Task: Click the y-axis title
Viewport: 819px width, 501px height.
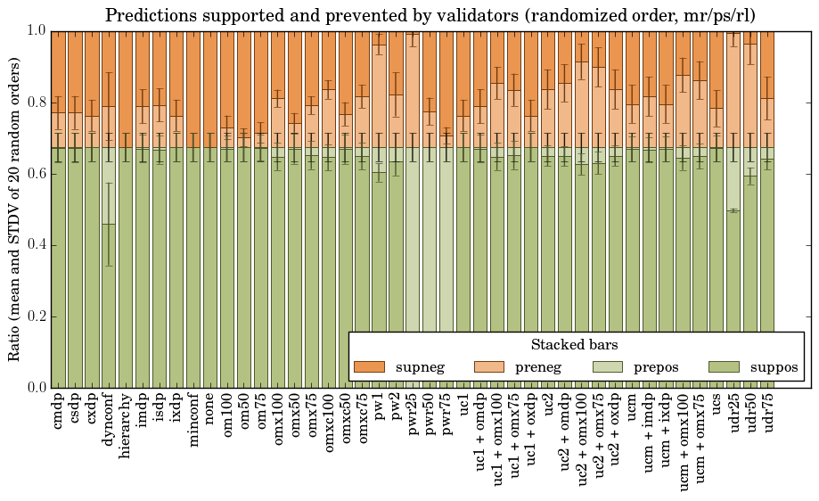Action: click(x=15, y=209)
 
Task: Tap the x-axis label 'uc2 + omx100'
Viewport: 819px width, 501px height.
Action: click(x=582, y=437)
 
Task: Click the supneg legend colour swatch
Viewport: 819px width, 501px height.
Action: click(x=369, y=367)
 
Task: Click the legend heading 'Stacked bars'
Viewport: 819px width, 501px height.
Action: click(x=575, y=345)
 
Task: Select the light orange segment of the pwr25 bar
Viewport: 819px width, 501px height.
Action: click(x=413, y=89)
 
